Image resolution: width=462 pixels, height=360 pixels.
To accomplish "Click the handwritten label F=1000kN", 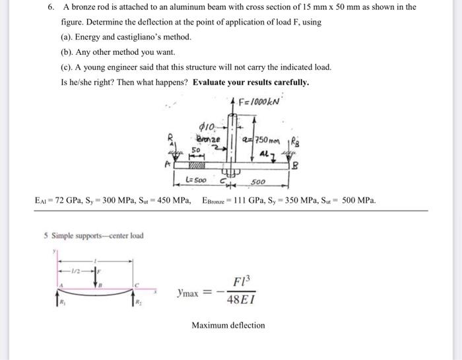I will click(x=259, y=102).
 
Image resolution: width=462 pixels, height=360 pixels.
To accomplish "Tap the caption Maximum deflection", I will click(x=228, y=325).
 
